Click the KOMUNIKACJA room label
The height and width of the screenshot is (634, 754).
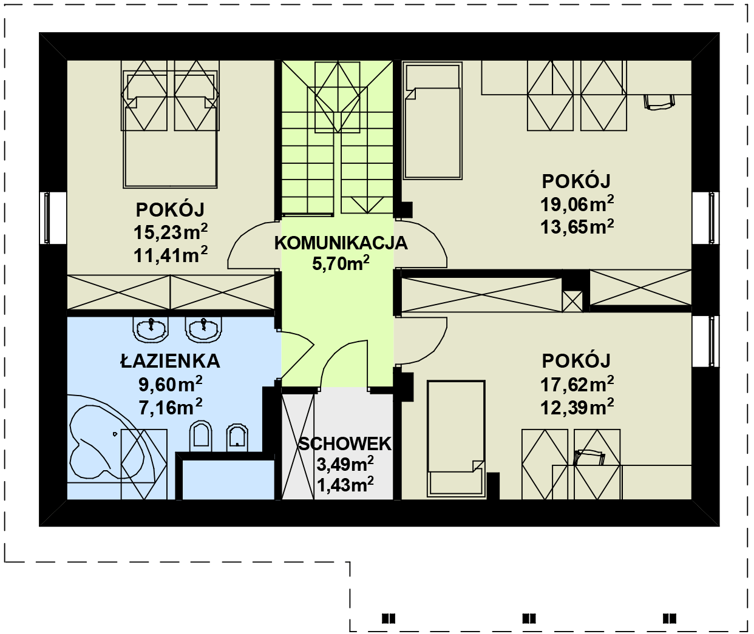(x=341, y=243)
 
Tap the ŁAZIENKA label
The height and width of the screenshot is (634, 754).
(x=170, y=361)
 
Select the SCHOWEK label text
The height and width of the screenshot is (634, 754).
(x=345, y=444)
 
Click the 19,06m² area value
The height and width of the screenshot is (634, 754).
(x=577, y=204)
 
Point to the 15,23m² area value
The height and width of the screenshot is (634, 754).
(x=171, y=232)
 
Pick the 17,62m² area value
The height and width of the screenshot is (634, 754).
(x=577, y=384)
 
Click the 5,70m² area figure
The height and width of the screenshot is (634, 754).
(x=341, y=263)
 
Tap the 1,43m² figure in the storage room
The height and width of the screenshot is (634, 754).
(x=345, y=484)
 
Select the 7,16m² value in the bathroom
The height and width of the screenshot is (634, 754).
(x=171, y=407)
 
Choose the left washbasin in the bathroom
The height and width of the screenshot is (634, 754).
(x=151, y=329)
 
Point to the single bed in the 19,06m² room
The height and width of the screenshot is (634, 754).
(x=433, y=121)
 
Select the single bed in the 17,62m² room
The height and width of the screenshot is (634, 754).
(x=456, y=439)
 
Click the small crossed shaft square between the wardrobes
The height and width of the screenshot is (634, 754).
(x=572, y=302)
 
